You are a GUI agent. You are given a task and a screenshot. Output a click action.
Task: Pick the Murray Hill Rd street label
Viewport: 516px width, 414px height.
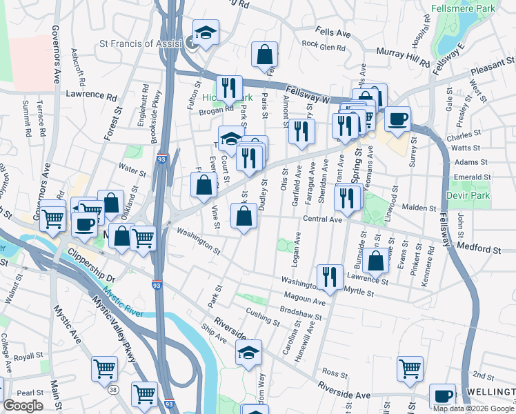[404, 55]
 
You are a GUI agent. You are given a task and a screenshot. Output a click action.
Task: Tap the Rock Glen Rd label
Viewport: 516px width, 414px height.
[323, 43]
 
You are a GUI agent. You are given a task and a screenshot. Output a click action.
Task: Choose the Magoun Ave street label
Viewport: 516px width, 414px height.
[304, 302]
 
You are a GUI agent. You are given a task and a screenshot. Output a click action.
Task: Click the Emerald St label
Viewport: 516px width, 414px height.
[472, 176]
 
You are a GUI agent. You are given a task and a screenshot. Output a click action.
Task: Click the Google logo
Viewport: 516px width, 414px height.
[23, 406]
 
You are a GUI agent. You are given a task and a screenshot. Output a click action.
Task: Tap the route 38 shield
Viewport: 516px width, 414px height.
[113, 391]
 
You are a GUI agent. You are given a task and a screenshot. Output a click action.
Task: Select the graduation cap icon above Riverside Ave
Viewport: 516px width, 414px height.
[249, 352]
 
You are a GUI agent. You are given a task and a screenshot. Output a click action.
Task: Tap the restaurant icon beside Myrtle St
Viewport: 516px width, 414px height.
[330, 277]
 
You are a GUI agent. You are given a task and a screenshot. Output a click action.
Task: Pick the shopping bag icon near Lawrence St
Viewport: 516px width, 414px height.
[376, 262]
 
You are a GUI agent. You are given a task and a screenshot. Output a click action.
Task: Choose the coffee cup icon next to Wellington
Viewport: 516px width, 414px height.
[442, 396]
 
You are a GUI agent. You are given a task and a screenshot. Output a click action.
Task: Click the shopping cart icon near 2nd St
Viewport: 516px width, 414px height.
[410, 368]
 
